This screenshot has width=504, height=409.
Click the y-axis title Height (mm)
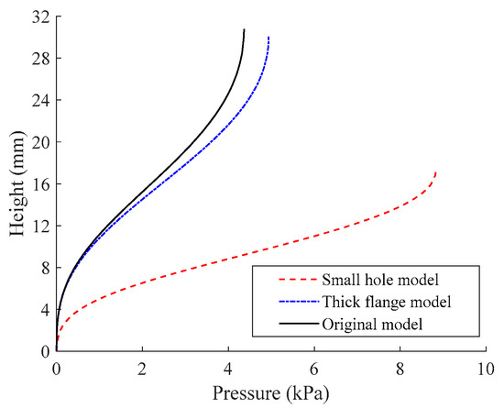tap(17, 183)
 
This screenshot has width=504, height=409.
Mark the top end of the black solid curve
tap(245, 29)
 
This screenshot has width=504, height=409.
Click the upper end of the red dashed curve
tap(436, 171)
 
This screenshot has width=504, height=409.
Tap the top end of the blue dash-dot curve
tap(268, 37)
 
